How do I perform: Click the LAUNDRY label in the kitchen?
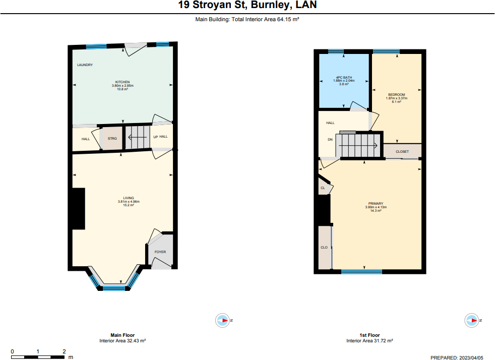point(85,65)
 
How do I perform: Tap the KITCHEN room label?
point(122,82)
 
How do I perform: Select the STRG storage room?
point(112,138)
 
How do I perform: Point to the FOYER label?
point(160,252)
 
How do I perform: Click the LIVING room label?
point(129,198)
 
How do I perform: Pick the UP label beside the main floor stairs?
point(155,137)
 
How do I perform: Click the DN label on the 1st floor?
point(330,140)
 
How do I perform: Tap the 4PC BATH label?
point(344,77)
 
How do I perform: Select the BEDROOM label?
point(397,95)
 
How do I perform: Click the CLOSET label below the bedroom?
point(402,152)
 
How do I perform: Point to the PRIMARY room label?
point(376,204)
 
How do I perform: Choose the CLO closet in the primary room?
point(324,247)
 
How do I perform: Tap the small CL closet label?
point(323,188)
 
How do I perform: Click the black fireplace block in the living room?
point(78,209)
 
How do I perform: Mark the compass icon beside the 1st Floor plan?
point(472,321)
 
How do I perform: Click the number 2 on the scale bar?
point(64,351)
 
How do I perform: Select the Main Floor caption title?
point(122,335)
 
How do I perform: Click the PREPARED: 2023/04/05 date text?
point(457,358)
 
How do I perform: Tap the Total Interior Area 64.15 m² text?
point(265,19)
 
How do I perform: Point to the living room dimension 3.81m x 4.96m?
point(129,202)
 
